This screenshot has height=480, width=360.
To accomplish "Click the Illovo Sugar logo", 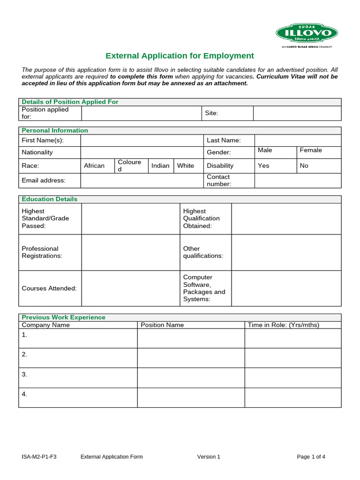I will coord(307,34).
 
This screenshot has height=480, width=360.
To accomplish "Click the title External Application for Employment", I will coord(180,56).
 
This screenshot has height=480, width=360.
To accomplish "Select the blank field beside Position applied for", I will coord(141,113).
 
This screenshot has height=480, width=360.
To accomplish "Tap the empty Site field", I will coord(297,113).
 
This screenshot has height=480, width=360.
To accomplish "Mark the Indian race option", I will coord(160,165).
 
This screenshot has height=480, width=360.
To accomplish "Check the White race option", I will coord(186,165).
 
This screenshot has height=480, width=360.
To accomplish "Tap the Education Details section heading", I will coord(50,199).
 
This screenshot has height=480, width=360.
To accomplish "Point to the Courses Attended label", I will coord(49,288).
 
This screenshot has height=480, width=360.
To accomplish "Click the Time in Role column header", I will coord(283,325).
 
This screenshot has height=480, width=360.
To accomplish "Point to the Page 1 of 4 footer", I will coord(311,457).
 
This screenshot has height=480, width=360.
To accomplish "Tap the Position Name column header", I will coord(162,325).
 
